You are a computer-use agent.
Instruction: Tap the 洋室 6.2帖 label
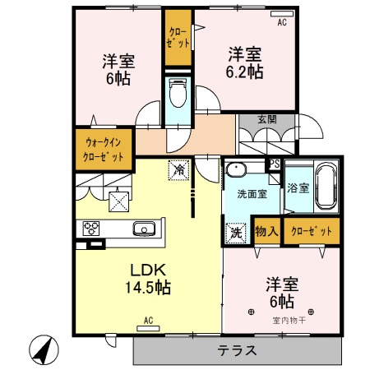244,63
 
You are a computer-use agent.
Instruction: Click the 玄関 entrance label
266,118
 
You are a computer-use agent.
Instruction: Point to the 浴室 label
298,187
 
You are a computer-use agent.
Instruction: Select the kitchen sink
145,228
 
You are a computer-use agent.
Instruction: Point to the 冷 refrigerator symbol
178,169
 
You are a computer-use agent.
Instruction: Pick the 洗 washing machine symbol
236,233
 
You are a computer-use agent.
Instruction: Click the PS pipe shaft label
275,164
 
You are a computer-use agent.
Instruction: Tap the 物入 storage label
266,232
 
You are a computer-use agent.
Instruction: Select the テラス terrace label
237,350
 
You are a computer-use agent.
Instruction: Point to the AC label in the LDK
149,320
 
